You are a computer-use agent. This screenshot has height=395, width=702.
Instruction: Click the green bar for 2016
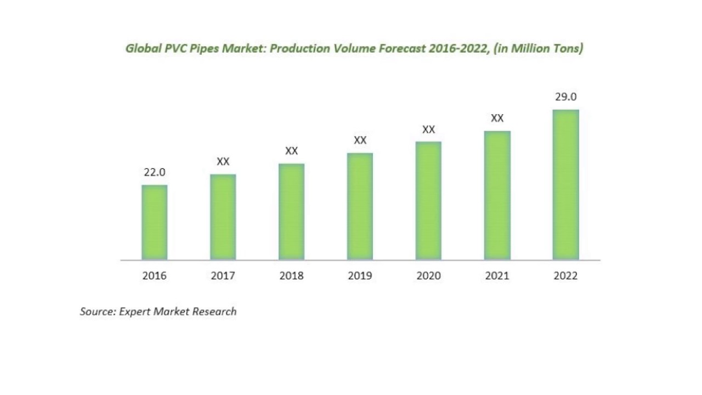coord(154,222)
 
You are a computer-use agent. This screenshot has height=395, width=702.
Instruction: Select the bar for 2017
coord(223,217)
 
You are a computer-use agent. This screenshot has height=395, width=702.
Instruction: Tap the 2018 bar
coord(291,211)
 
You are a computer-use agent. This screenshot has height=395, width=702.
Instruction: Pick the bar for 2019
coord(360,206)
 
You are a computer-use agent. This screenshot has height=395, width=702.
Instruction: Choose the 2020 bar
coord(428,200)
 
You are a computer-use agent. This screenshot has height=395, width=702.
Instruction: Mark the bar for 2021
coord(497,195)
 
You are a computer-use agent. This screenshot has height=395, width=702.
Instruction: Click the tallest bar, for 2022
coord(565,184)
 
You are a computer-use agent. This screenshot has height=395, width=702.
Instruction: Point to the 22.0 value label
coord(154,172)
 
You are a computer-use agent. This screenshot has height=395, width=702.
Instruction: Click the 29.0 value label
coord(565,97)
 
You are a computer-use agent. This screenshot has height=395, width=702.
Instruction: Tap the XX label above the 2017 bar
coord(223,162)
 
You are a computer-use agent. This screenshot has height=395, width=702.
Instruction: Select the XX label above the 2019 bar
coord(360,140)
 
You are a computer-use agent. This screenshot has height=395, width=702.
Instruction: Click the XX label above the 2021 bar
coord(497,119)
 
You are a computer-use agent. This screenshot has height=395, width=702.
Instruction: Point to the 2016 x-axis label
coord(154,276)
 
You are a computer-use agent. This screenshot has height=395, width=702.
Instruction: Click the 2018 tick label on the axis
coord(291,276)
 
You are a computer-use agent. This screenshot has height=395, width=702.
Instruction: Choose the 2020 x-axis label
coord(428,276)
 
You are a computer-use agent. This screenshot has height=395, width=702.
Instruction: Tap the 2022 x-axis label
coord(565,276)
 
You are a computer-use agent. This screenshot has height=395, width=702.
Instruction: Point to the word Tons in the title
coord(569,49)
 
